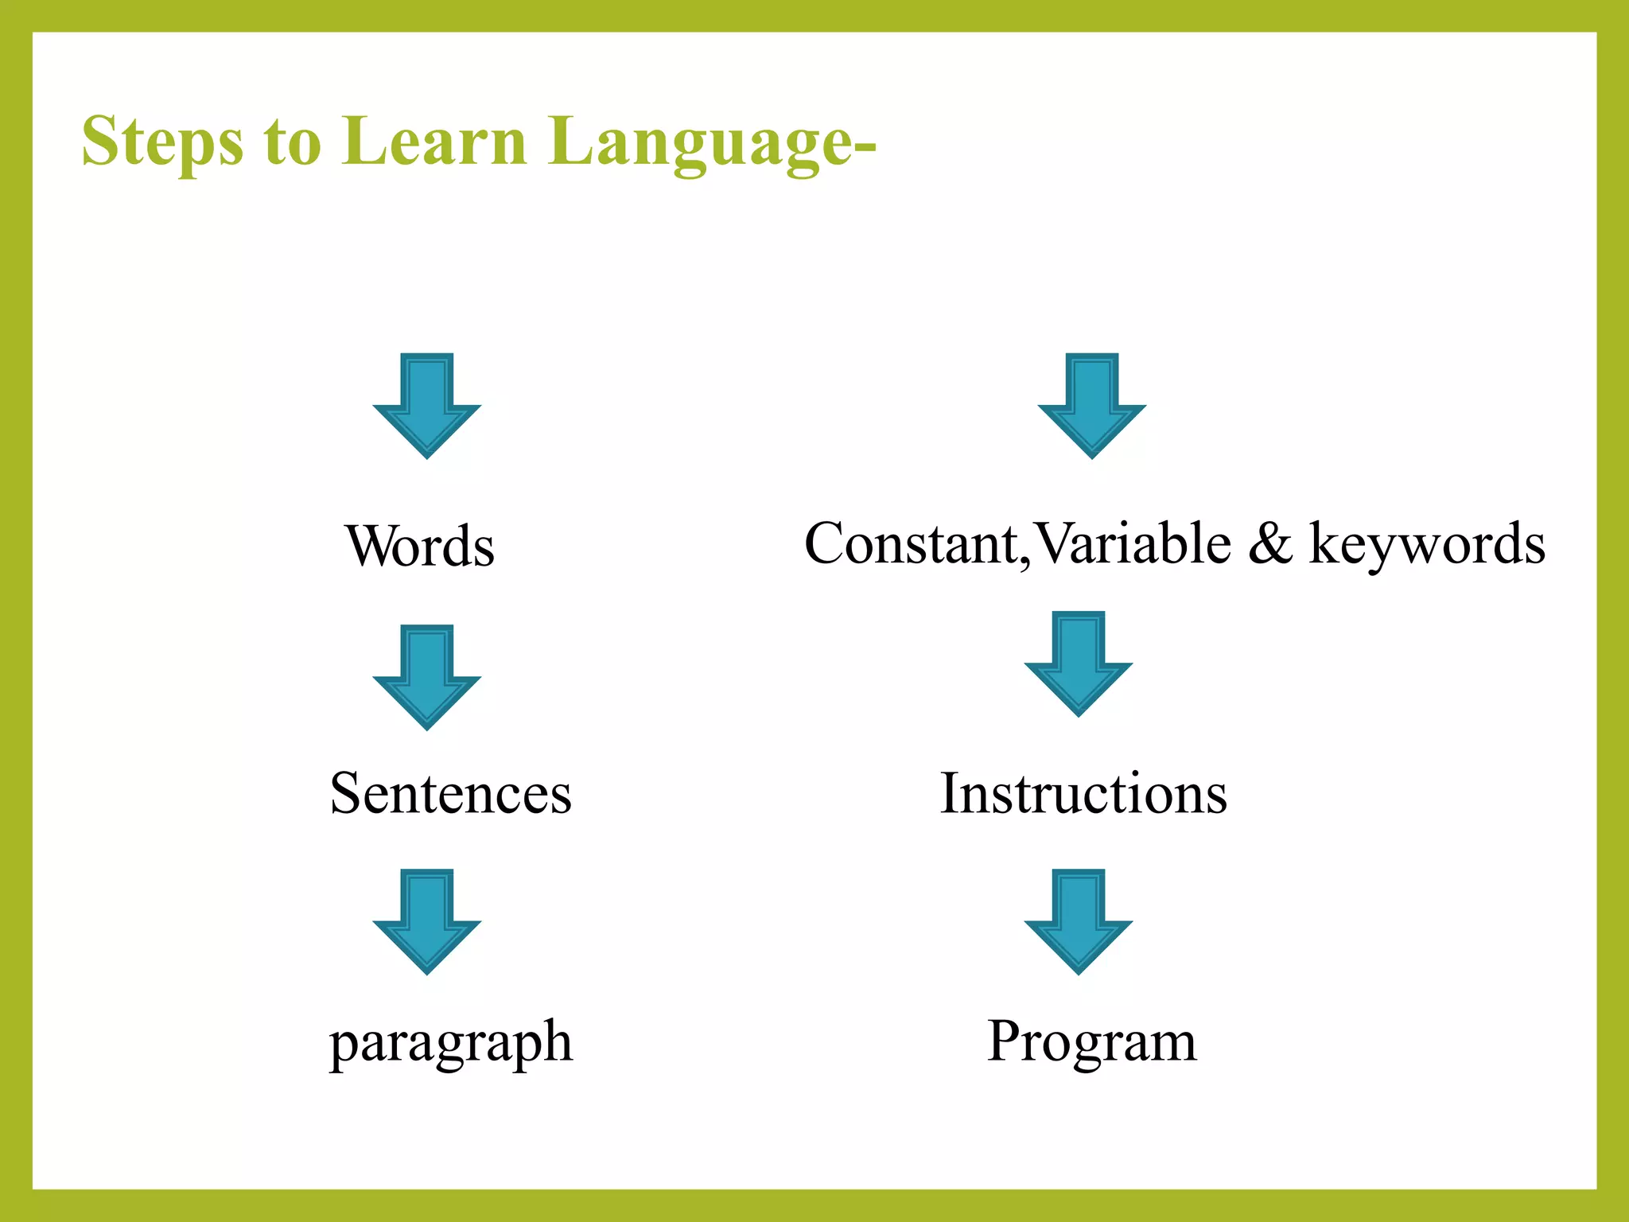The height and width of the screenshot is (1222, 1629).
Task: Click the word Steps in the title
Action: pos(162,143)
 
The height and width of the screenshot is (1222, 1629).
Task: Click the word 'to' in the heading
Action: pos(293,143)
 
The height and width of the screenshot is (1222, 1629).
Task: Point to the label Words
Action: pos(420,547)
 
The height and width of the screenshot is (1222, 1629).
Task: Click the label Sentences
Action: pos(450,793)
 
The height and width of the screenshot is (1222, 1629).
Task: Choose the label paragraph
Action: pos(451,1042)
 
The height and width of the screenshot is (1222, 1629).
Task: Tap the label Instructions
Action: pos(1083,793)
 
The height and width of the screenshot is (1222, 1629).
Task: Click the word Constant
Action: pos(911,544)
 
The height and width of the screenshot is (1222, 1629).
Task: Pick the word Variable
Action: pos(1134,544)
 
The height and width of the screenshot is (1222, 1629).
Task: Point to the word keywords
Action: pos(1427,546)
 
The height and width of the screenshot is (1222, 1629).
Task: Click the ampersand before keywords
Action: pos(1270,544)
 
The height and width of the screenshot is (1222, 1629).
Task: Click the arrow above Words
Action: pos(427,405)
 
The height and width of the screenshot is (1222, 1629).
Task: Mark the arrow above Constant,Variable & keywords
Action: pos(1091,405)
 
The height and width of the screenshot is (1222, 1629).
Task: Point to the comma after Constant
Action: pos(1025,562)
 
